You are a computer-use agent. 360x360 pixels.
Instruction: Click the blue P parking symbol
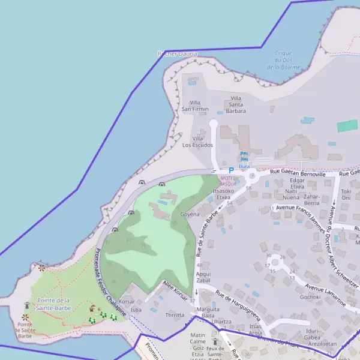coord(231,170)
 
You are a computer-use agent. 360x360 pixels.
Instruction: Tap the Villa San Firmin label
coord(194,106)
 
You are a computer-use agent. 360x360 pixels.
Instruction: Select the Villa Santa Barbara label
coord(236,104)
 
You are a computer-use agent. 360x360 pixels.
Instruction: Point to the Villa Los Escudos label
coord(198,142)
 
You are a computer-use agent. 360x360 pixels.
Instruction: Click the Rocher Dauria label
coord(177,54)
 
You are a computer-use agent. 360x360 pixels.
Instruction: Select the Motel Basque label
coord(229,181)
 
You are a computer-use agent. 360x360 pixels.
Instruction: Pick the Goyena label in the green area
coord(190,214)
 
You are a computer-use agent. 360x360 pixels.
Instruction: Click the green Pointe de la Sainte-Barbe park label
coord(54,304)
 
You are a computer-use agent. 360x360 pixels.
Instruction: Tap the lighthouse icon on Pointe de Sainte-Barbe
coord(26,306)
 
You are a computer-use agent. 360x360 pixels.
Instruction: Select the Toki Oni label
coord(346,194)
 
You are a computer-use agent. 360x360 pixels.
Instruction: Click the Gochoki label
coord(310,296)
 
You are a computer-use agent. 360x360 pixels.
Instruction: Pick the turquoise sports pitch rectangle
coord(347,126)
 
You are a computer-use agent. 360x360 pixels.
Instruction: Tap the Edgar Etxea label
coord(297,184)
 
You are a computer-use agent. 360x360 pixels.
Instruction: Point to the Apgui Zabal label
coord(203,277)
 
